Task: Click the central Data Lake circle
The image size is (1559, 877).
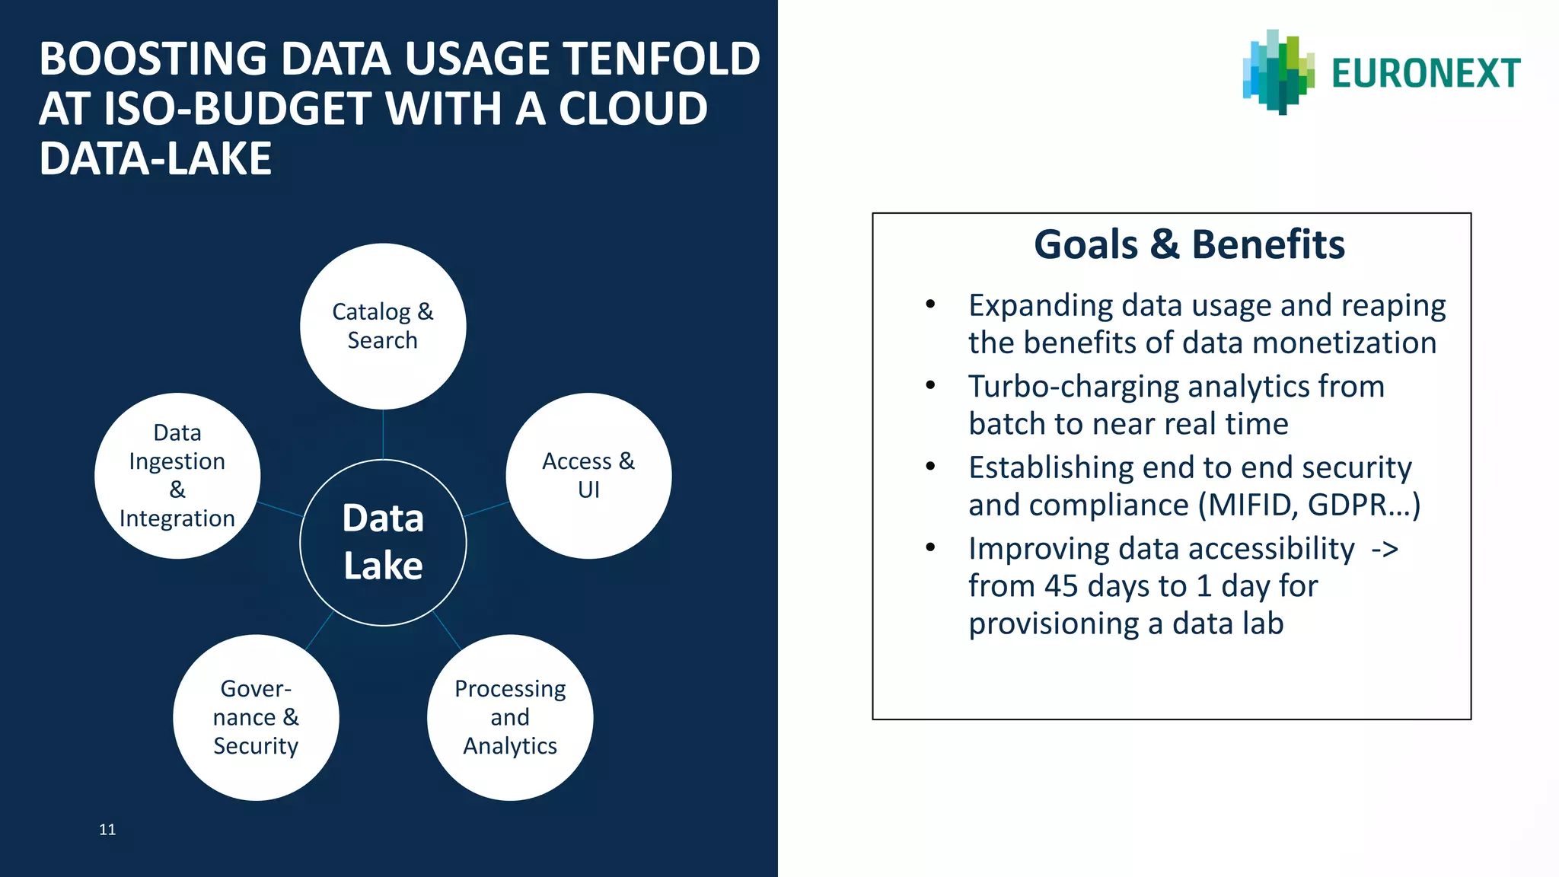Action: (x=383, y=542)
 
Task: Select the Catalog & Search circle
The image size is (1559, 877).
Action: (x=383, y=326)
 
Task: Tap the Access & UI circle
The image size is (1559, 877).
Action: (x=588, y=476)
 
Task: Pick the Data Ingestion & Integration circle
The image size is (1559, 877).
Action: (x=177, y=476)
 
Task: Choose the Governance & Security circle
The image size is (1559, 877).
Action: (x=256, y=717)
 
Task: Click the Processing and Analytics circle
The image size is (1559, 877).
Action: (x=510, y=717)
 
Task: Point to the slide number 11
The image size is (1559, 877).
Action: (x=107, y=830)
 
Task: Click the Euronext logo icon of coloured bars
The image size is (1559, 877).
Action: (x=1278, y=72)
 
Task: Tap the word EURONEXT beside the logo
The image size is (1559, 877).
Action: (x=1426, y=74)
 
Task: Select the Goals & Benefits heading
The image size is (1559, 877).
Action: (x=1189, y=245)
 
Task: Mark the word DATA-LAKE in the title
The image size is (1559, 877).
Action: (x=155, y=159)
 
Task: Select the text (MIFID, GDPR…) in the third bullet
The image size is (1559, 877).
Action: (x=1309, y=505)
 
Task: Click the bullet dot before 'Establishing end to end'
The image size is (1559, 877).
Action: (x=930, y=466)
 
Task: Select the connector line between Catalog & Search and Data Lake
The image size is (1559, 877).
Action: (x=383, y=434)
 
